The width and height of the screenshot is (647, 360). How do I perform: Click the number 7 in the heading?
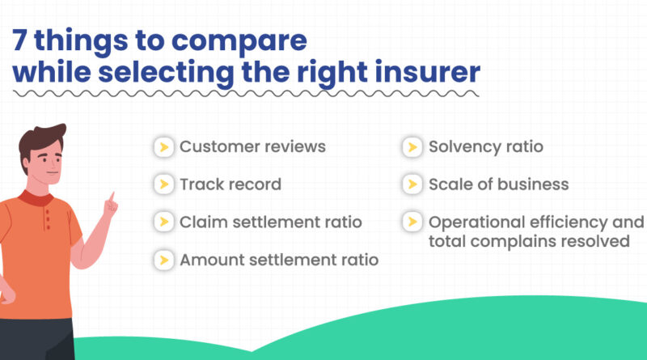pyautogui.click(x=19, y=40)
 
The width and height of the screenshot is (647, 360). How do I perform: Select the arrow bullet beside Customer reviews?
pyautogui.click(x=164, y=147)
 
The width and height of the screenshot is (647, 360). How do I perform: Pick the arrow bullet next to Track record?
pyautogui.click(x=164, y=184)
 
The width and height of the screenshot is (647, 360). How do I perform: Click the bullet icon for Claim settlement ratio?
pyautogui.click(x=164, y=222)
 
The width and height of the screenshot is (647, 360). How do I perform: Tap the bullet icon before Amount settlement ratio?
pyautogui.click(x=164, y=260)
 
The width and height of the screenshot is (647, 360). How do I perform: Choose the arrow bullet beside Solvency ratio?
pyautogui.click(x=412, y=147)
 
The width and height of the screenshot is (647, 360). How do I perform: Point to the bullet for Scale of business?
pyautogui.click(x=412, y=184)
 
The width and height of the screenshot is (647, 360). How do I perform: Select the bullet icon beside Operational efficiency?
pyautogui.click(x=412, y=222)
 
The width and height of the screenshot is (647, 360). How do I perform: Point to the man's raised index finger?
pyautogui.click(x=111, y=198)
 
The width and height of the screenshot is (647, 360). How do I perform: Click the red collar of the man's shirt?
pyautogui.click(x=36, y=197)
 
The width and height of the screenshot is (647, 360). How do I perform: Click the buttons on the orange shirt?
pyautogui.click(x=48, y=218)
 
